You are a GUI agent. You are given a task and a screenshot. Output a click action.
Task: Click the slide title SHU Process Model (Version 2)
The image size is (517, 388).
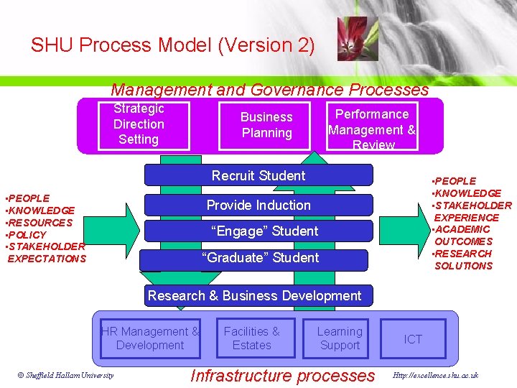[172, 45]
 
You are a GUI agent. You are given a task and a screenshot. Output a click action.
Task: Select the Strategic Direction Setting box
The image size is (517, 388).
[139, 124]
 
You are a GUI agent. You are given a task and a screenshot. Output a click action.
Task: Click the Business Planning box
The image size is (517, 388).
[266, 125]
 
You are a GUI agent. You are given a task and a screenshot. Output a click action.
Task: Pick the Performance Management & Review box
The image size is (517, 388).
[371, 128]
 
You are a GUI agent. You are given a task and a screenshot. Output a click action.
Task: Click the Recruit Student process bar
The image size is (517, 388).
[258, 175]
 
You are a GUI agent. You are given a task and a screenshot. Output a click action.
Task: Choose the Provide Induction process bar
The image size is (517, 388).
[258, 205]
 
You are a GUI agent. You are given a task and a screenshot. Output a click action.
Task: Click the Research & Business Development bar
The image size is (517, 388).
[254, 295]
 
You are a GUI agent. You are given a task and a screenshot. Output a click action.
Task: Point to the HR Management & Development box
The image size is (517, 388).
[150, 338]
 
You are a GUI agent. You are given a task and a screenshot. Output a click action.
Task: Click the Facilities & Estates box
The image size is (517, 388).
[251, 338]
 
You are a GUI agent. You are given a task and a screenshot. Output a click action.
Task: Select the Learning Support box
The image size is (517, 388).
[340, 338]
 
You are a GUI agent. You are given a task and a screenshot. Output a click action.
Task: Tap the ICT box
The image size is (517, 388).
[413, 339]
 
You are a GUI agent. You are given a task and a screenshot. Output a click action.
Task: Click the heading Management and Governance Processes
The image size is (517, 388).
[269, 90]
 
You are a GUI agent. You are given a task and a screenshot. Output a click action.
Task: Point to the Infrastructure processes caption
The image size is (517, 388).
[282, 375]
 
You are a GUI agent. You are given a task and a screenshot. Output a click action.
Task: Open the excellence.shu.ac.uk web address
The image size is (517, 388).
[436, 375]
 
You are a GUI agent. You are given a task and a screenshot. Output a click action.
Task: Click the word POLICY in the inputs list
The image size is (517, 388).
[27, 235]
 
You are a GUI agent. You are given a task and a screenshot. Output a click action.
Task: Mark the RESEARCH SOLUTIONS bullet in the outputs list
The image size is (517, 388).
[463, 259]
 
